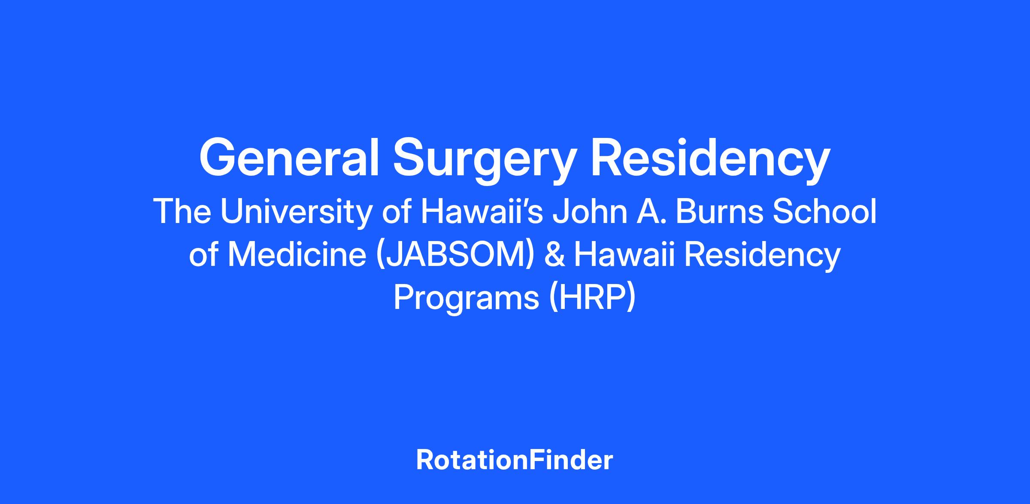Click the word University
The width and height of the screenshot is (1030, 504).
coord(295,214)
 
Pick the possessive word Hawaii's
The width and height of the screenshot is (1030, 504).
coord(482,211)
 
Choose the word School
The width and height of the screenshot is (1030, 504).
coord(824,211)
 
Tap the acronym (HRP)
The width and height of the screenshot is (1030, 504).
coord(592,299)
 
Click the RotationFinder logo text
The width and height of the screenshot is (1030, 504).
coord(515,460)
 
